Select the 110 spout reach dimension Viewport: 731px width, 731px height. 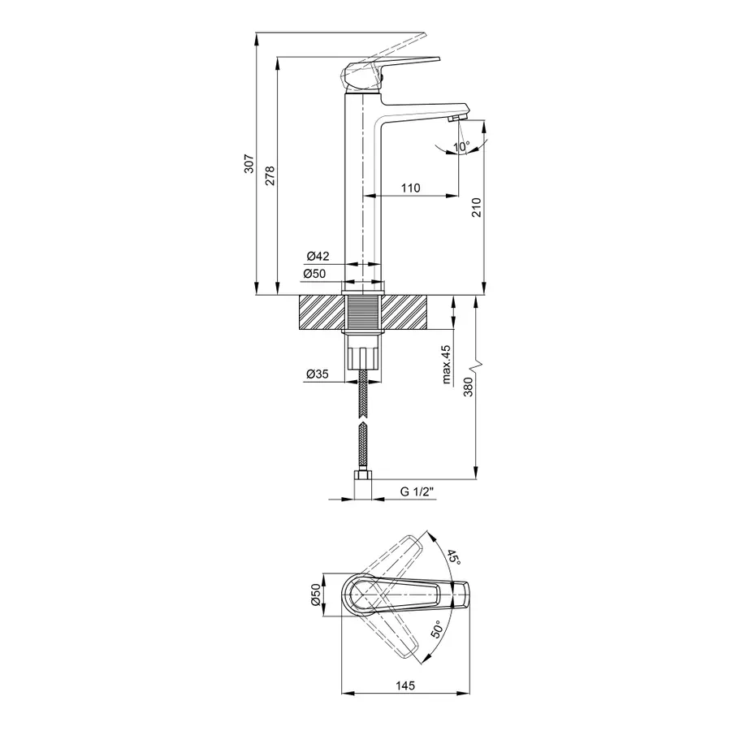click(x=410, y=188)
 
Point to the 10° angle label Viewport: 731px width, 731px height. click(x=461, y=147)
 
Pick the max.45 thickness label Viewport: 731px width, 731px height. click(x=446, y=365)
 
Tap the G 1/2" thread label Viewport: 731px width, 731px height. click(x=418, y=491)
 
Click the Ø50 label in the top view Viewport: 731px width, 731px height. click(x=314, y=598)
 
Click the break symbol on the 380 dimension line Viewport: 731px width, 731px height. click(x=481, y=361)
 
